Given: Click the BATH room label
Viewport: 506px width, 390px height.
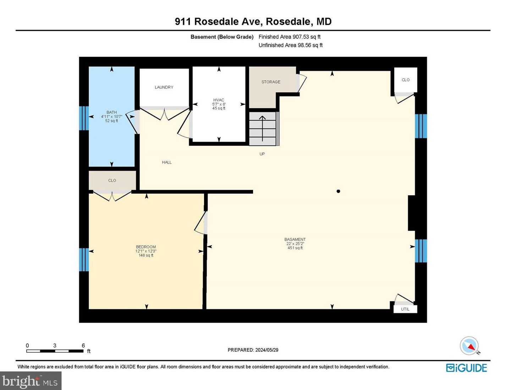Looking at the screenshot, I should pos(111,112).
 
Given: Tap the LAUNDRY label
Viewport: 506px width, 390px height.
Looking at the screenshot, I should pos(164,87).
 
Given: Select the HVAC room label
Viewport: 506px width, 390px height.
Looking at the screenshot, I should pos(219,100).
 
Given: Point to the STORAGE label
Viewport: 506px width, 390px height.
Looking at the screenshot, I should pos(271,82).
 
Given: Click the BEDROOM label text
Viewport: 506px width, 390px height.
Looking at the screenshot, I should pos(146,247).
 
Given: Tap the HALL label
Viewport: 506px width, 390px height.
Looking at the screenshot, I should pos(167,163).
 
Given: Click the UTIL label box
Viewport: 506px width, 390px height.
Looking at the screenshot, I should pos(405,309).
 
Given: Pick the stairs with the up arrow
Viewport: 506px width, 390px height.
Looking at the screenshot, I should pos(263,128).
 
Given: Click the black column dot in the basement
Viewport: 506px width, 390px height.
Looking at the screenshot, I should pos(338,191).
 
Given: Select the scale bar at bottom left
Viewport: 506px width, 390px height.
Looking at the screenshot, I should pos(55,351).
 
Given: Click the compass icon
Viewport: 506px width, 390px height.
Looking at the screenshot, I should pos(469,346).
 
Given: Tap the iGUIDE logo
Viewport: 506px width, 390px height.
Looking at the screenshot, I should pos(466,368).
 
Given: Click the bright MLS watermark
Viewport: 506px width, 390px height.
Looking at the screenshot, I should pos(31,381).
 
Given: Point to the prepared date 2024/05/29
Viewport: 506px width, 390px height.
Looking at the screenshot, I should pos(253,350).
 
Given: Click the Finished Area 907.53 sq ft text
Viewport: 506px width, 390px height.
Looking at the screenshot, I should pos(290,37).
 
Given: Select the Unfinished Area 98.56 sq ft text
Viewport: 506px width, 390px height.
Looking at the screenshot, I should pos(291,45).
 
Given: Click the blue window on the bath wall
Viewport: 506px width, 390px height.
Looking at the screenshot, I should pos(84,118).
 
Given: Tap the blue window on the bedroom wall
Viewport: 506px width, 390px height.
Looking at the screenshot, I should pos(84,260).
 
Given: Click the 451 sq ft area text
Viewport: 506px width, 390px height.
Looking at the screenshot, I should pos(295,248).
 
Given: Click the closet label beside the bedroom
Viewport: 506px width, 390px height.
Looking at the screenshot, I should pos(112,181).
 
